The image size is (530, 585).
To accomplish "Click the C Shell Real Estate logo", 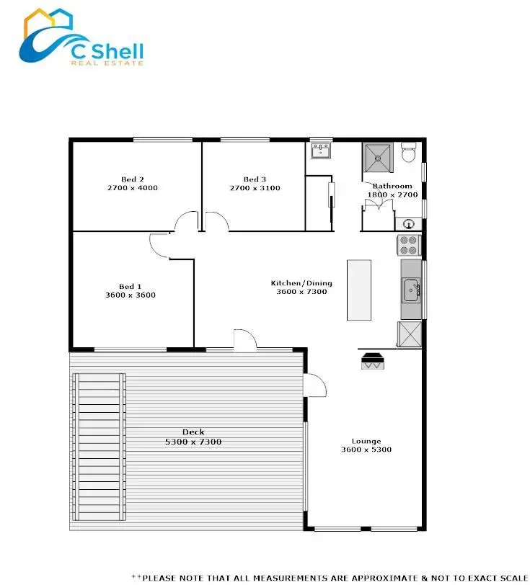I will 81,40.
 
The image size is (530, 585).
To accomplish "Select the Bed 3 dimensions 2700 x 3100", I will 255,189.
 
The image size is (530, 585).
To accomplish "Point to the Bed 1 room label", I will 131,286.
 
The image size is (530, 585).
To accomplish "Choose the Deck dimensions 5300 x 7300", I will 193,442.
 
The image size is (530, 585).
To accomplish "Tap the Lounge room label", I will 366,441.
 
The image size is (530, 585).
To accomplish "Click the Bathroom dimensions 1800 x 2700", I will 393,195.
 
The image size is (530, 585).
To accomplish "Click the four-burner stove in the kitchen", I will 409,245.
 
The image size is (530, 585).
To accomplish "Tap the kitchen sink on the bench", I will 412,290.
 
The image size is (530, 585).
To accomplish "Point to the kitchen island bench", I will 358,290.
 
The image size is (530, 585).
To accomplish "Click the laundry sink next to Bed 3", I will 320,151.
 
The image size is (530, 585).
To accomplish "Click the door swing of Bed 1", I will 159,246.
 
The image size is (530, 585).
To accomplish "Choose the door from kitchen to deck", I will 244,341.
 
